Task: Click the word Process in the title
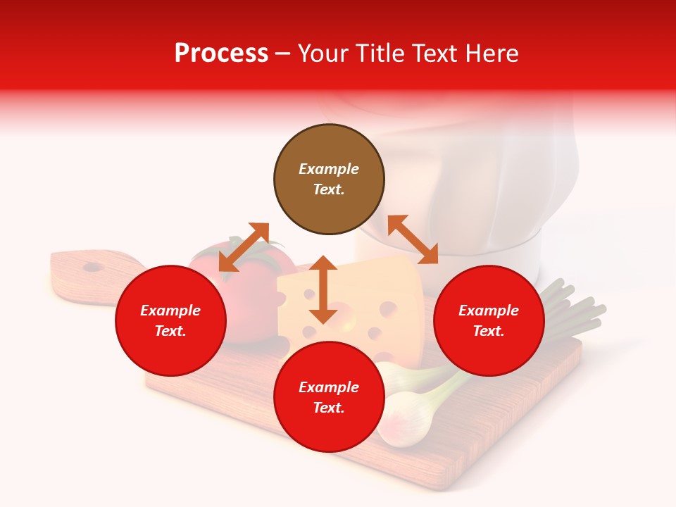coord(221,54)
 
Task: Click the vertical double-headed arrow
coord(323,289)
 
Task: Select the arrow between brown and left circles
coord(244,247)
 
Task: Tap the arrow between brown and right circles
coord(413,239)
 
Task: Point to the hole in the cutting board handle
coord(92,267)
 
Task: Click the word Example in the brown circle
coord(329,169)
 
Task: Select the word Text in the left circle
coord(170,331)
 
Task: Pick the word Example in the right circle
coord(489,311)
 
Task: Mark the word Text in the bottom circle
coord(329,408)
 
